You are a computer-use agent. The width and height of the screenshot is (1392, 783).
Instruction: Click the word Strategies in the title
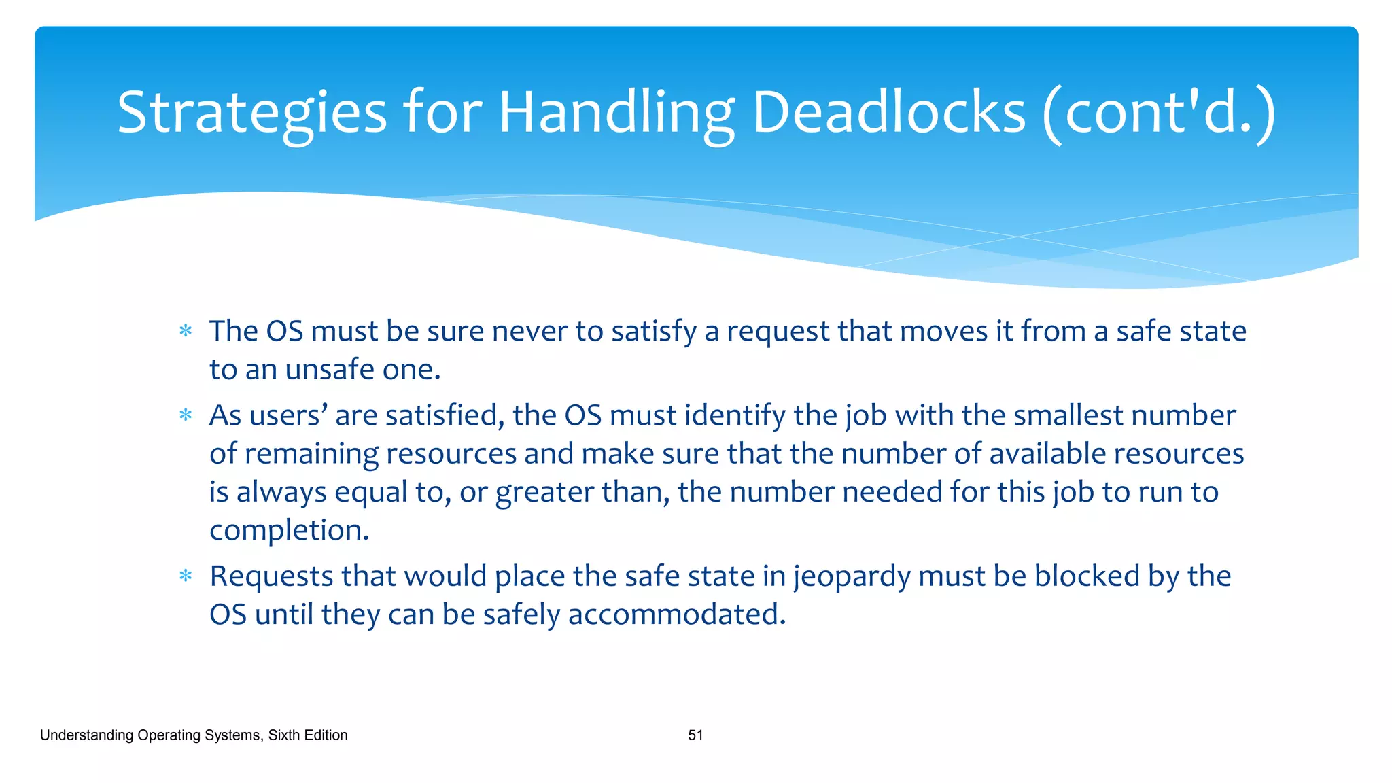point(251,113)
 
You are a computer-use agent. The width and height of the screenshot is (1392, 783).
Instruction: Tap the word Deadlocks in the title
point(889,113)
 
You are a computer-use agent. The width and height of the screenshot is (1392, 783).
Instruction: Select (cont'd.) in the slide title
point(1159,113)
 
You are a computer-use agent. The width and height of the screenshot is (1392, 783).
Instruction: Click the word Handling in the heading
point(616,113)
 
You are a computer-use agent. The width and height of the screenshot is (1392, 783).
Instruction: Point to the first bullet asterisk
point(186,332)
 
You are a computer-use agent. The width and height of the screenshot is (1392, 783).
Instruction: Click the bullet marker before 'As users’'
point(186,415)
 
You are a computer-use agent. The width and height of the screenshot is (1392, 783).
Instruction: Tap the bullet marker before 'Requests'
point(186,576)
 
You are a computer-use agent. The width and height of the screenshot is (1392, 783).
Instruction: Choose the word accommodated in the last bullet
point(676,614)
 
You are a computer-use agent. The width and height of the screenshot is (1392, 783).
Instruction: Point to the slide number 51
point(695,735)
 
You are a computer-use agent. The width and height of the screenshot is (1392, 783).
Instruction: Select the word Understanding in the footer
point(86,735)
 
